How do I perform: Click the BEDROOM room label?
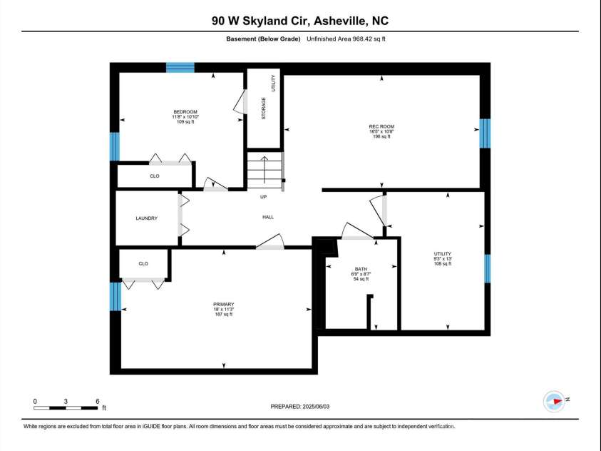click(x=185, y=111)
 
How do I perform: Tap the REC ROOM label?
click(x=381, y=126)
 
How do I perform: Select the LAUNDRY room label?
click(x=146, y=218)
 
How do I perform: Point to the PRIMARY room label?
click(x=223, y=304)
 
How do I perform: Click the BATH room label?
click(x=361, y=269)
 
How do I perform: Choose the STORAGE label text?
click(x=264, y=108)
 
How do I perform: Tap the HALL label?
click(x=268, y=217)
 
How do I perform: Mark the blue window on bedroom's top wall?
click(x=180, y=67)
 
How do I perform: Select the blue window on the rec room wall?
click(x=485, y=133)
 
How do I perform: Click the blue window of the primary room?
click(x=115, y=296)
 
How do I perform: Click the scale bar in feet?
click(x=66, y=407)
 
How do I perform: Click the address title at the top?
click(x=300, y=21)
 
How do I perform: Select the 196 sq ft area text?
click(x=381, y=136)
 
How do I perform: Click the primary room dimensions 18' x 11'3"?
click(x=223, y=309)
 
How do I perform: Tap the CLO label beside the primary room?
click(x=143, y=263)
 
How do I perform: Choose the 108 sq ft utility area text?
click(x=443, y=263)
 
